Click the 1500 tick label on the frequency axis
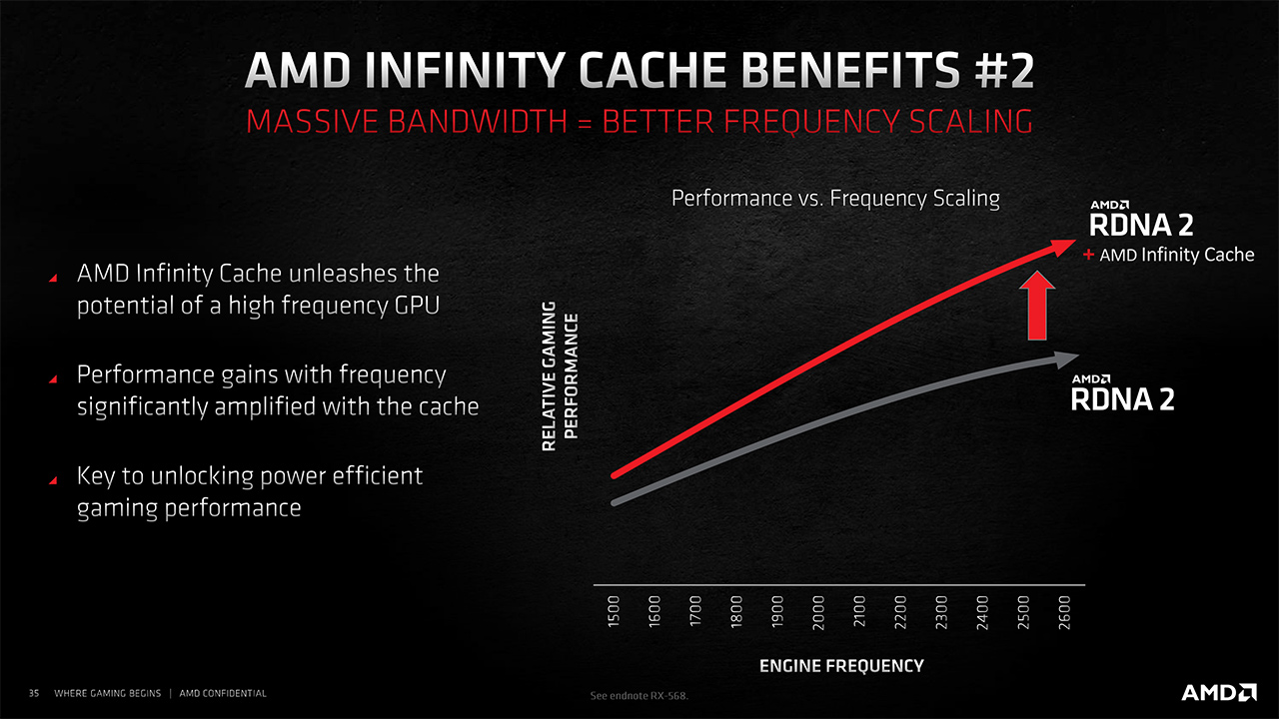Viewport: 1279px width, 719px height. [614, 612]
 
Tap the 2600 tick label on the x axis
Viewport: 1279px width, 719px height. [1064, 612]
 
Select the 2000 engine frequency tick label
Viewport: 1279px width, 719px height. [818, 612]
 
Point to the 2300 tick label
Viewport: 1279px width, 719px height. [941, 612]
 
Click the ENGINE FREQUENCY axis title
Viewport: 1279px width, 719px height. [841, 666]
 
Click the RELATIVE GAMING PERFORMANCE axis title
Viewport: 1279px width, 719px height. [561, 376]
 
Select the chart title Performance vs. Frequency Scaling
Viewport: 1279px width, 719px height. [835, 198]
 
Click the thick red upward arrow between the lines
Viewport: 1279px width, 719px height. [1037, 306]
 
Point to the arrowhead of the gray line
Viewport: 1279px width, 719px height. [1064, 359]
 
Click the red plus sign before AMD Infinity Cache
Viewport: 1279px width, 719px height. [1088, 255]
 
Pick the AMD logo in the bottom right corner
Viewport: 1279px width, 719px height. [1218, 693]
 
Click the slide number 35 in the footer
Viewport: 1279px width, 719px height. [34, 693]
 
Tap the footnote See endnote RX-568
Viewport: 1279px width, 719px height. [639, 696]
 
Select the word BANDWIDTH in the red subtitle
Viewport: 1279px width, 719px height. [478, 122]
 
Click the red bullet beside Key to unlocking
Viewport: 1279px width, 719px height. [53, 480]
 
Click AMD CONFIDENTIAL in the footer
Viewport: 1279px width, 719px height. [223, 693]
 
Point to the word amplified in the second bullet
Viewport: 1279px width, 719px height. [265, 407]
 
